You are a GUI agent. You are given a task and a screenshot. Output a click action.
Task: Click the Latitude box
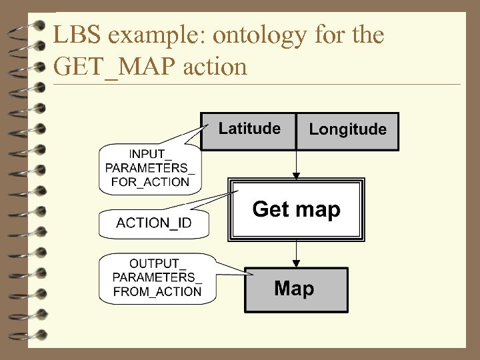tap(249, 131)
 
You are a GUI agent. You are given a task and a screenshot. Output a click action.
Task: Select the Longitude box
tap(347, 131)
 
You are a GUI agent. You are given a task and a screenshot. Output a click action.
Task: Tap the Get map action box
tap(296, 210)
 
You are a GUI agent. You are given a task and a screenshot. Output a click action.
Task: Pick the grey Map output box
tap(295, 289)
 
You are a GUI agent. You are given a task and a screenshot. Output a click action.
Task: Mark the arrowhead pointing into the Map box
tap(297, 263)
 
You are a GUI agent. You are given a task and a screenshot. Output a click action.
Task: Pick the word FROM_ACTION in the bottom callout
tap(157, 291)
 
